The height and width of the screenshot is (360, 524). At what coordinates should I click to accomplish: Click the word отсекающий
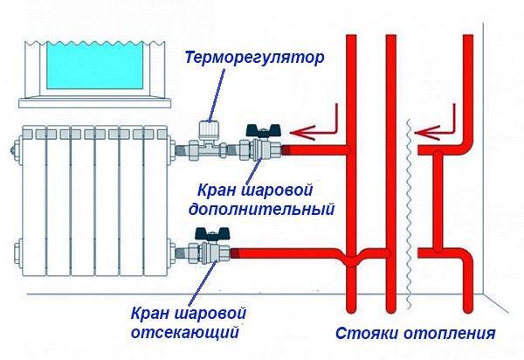pyautogui.click(x=188, y=332)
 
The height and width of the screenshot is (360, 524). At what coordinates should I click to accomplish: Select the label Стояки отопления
pyautogui.click(x=416, y=333)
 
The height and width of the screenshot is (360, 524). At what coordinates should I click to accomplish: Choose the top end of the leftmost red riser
pyautogui.click(x=353, y=39)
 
